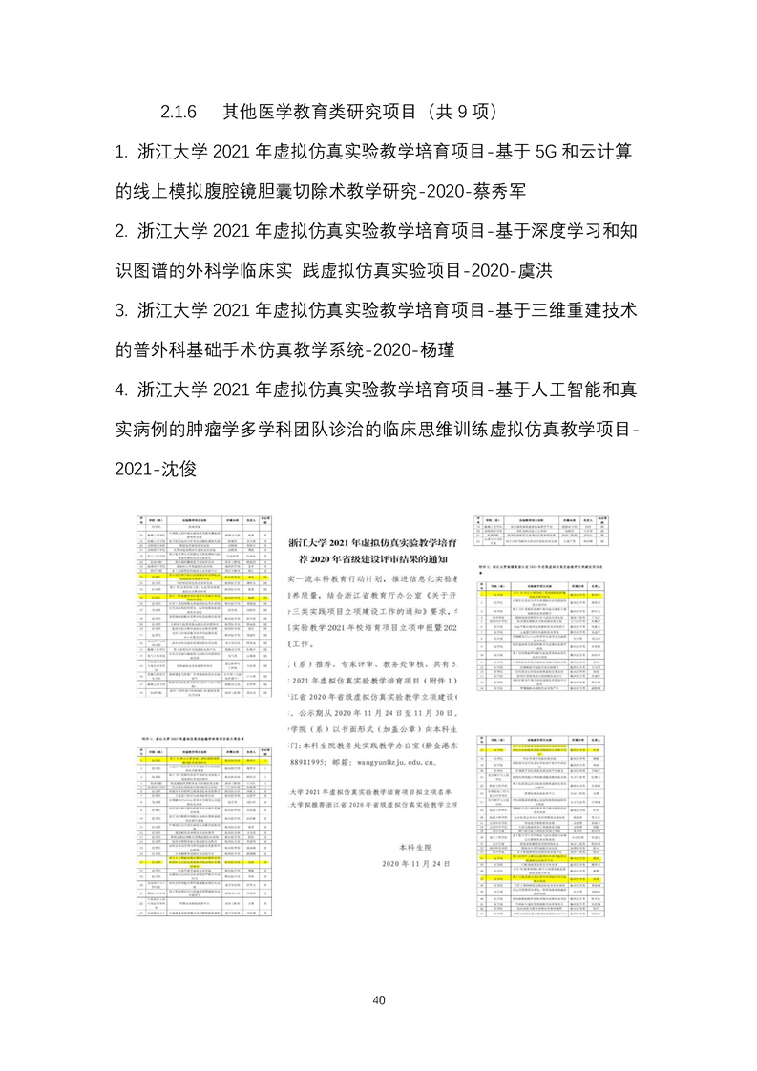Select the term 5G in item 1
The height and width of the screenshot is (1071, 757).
557,153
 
